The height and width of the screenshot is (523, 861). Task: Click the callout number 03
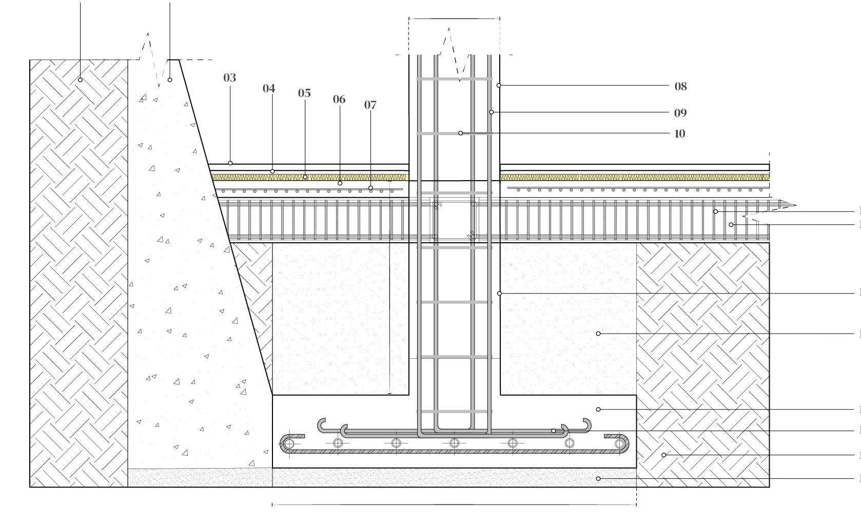[x=229, y=78]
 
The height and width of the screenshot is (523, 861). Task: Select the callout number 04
[x=269, y=88]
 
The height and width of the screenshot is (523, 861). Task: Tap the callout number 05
[x=304, y=93]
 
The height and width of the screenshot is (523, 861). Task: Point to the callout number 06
[x=339, y=99]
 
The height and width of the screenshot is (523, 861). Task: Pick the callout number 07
[x=370, y=105]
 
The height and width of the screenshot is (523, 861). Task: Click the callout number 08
[x=680, y=86]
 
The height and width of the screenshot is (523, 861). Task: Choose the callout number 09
[x=680, y=113]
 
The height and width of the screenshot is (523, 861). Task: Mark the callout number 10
[x=680, y=134]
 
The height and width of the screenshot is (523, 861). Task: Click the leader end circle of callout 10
[x=460, y=133]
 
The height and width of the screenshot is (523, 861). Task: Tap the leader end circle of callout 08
[x=499, y=85]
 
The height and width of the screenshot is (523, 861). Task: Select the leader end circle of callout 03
[x=230, y=163]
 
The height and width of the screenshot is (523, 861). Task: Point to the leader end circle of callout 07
[x=370, y=188]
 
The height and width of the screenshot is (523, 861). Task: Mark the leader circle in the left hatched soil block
[x=80, y=80]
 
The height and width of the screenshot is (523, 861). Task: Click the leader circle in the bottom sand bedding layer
[x=598, y=478]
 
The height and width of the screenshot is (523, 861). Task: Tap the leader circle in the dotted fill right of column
[x=598, y=334]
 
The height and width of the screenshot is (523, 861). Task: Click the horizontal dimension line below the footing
[x=454, y=505]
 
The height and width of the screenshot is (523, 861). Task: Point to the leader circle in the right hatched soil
[x=663, y=455]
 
